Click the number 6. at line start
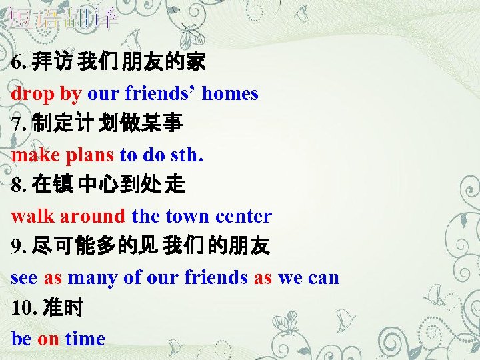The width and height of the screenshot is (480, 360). pos(18,63)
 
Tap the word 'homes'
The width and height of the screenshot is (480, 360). pos(230,93)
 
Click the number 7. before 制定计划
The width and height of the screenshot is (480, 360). pos(18,125)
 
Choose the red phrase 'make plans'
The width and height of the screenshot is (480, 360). pos(63,155)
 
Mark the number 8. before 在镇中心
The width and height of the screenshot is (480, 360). pos(18,186)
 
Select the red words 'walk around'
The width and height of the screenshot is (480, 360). pos(68,216)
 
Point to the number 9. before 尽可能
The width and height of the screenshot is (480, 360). pos(18,247)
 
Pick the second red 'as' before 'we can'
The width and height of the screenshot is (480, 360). pos(263,277)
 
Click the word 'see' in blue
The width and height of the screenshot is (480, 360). pos(24,277)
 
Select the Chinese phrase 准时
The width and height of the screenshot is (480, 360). pos(63,309)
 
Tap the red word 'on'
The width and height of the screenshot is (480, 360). pos(48,339)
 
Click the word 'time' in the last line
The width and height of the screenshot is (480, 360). pos(85,339)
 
